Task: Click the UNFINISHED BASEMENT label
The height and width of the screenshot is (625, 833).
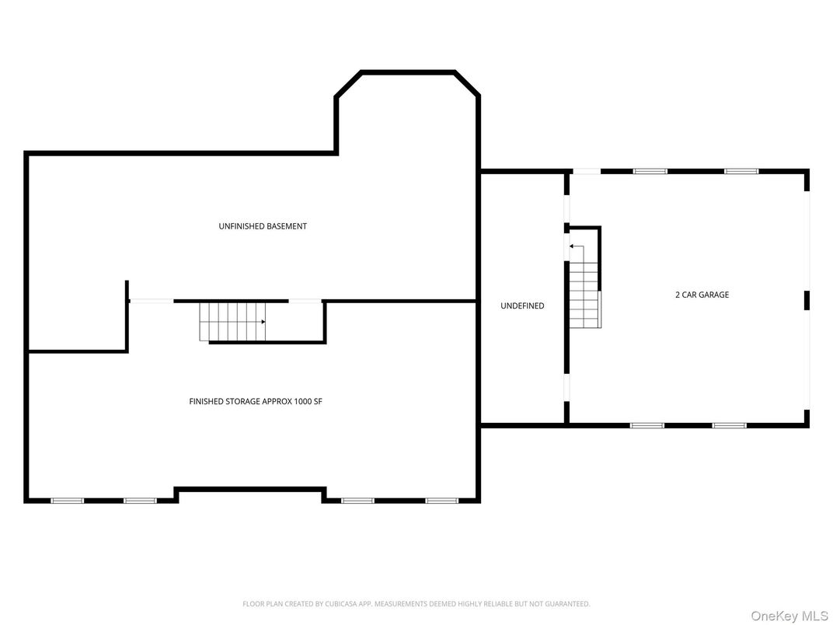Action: point(263,226)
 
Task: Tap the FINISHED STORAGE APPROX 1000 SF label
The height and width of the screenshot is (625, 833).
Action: point(256,402)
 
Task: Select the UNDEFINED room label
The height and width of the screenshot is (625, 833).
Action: point(522,306)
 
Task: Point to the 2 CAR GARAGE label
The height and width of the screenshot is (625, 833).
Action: point(702,295)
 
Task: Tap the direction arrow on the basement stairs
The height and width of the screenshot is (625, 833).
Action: point(263,321)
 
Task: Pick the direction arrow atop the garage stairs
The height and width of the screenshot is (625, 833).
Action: point(572,246)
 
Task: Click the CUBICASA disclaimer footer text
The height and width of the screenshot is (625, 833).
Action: point(416,603)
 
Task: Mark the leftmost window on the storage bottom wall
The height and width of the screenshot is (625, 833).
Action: point(67,501)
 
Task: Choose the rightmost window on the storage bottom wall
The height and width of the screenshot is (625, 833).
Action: point(441,501)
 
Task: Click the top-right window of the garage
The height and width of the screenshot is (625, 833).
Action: point(741,171)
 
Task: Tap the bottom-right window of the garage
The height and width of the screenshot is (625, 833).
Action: point(729,425)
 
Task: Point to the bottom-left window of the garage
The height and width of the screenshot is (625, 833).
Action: point(647,425)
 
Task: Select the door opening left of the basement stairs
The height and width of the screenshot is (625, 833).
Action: point(151,301)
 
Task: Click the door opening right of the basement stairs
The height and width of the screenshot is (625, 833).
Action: point(305,301)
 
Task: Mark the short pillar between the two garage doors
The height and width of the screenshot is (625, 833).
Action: point(807,300)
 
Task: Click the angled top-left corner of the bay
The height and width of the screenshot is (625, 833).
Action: point(348,84)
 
